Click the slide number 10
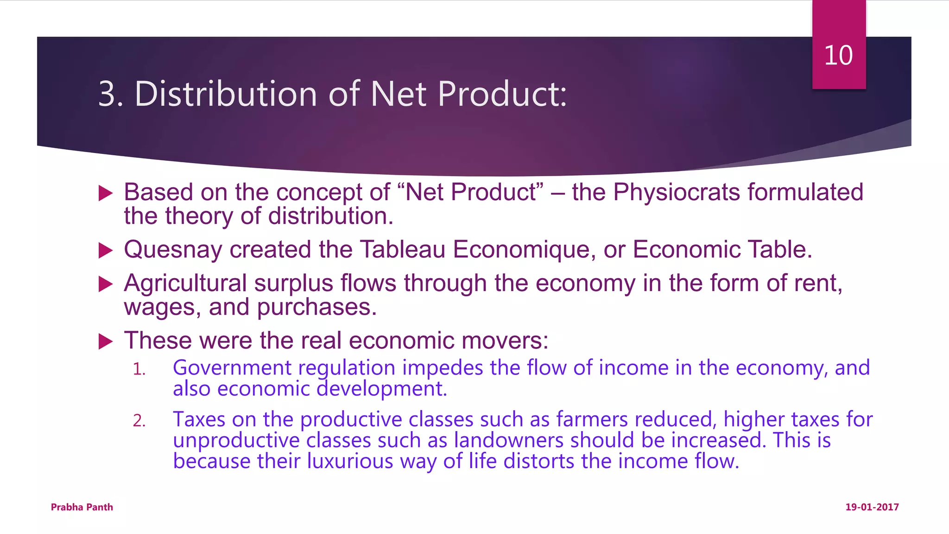[838, 56]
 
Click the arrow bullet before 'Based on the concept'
[106, 193]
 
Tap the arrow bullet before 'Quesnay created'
[106, 251]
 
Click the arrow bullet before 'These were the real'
[106, 342]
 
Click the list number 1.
[139, 369]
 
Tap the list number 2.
[139, 421]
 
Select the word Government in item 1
[232, 368]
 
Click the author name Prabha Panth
[82, 507]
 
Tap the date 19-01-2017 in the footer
[872, 507]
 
